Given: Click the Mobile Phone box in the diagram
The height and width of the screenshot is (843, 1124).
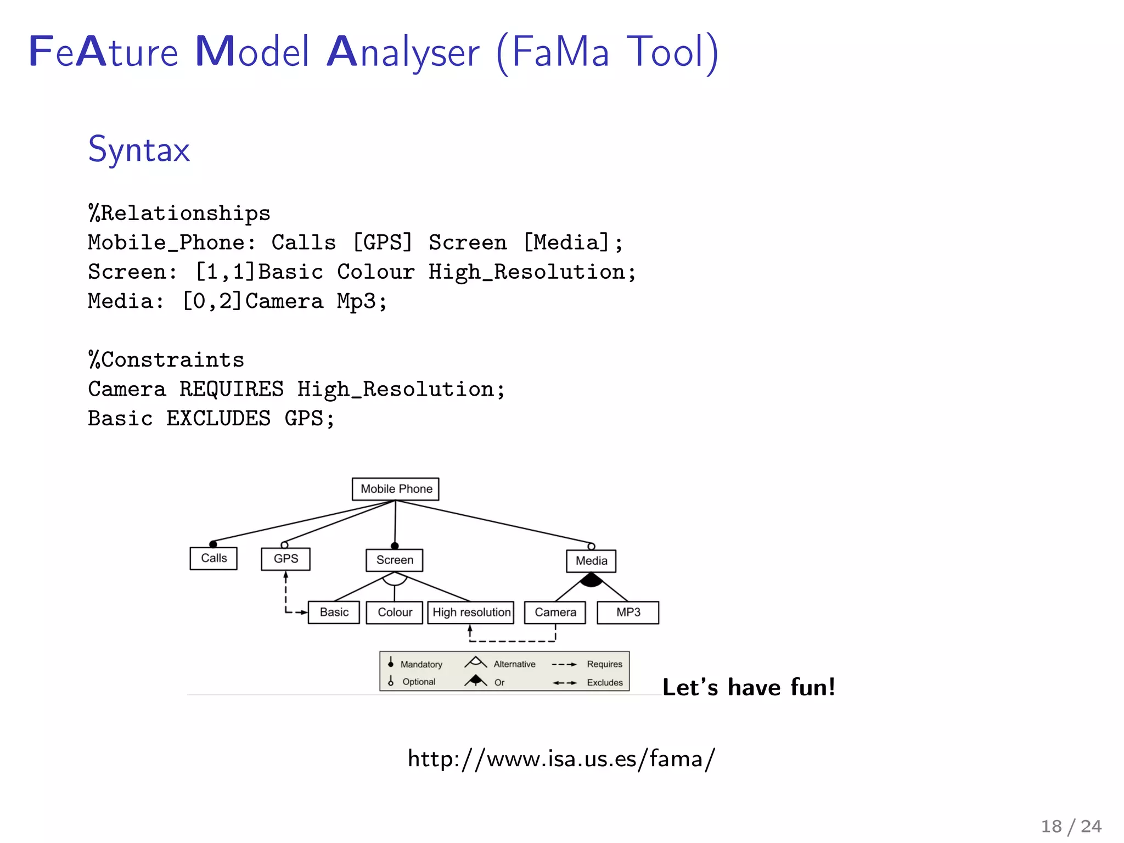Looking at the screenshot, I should point(396,489).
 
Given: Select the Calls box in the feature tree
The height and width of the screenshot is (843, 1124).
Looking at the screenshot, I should point(213,559).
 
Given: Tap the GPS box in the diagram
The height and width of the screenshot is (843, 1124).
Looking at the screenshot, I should point(286,559).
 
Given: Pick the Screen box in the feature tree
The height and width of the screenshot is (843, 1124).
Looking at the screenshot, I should point(395,560).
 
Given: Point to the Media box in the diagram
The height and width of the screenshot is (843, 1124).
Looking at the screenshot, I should point(591,561).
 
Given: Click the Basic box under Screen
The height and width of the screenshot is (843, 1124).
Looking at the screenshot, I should point(334,612).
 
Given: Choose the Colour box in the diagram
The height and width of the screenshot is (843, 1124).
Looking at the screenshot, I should point(395,612).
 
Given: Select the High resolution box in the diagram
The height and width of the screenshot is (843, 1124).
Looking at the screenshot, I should point(471,612).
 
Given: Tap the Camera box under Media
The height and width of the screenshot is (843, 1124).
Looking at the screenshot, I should point(555,612).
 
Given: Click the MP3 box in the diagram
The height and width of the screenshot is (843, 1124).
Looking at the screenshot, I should point(628,612).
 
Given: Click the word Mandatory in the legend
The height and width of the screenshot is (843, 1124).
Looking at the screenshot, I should point(421,665).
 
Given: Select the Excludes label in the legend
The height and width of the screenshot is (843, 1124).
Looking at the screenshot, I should point(605,683).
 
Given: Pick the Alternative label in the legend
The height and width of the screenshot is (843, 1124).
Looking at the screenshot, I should point(514,664).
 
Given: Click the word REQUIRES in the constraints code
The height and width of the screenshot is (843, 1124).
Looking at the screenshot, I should point(232,389).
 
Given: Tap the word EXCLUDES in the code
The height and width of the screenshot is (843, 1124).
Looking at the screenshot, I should point(218,419).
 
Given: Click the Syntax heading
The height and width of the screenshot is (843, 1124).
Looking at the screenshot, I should point(139,149).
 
